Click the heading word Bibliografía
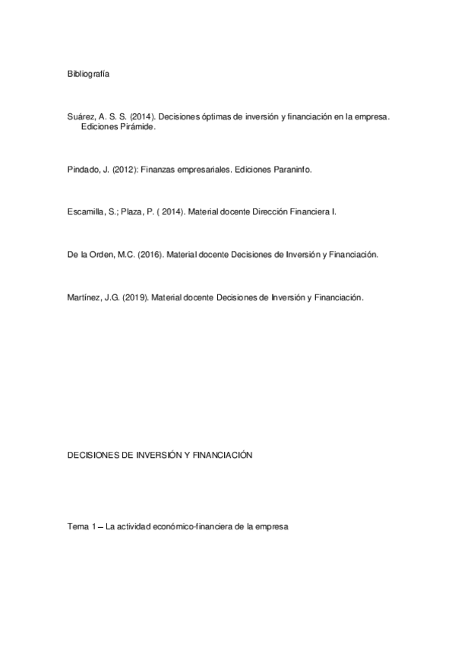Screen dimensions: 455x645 (x=88, y=74)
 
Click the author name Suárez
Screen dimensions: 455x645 (x=81, y=116)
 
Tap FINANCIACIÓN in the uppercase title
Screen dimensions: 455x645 (x=223, y=455)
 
